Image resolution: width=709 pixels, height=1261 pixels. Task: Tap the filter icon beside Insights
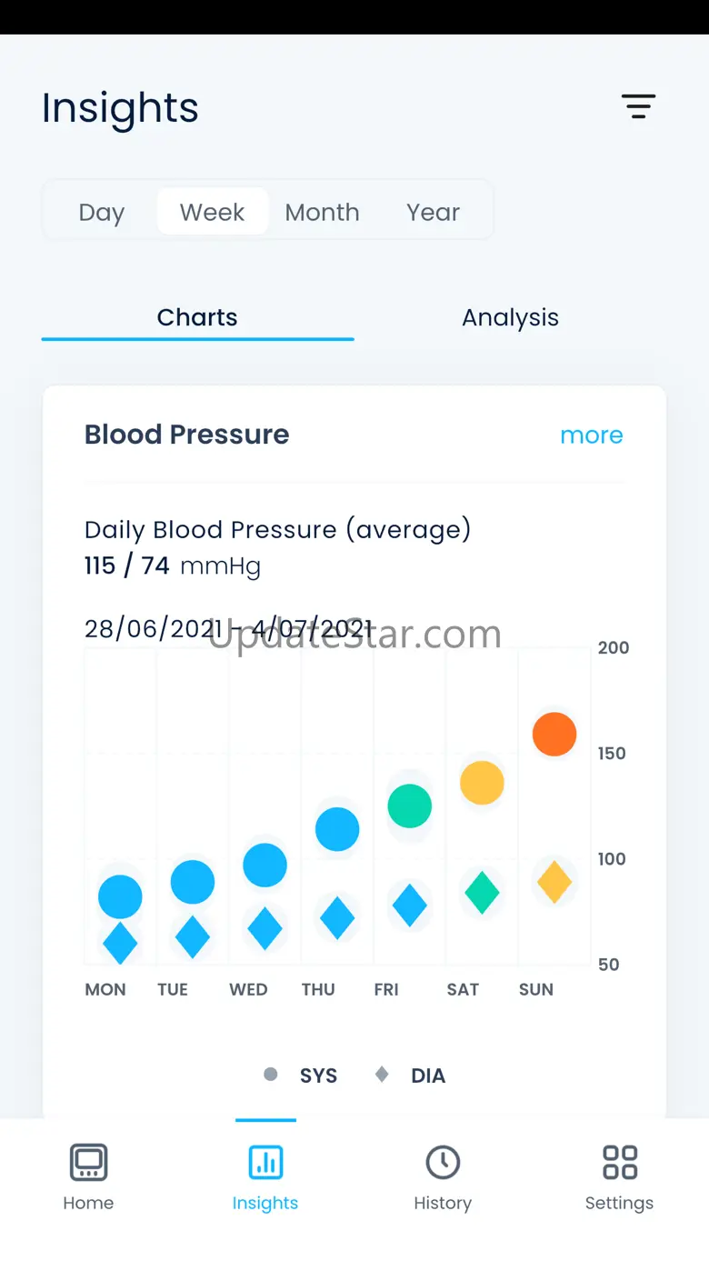pos(638,106)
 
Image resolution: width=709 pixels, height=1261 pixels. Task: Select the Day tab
pos(101,213)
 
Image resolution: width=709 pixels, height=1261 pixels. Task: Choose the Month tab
pos(322,213)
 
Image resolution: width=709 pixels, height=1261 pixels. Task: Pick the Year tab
pos(433,213)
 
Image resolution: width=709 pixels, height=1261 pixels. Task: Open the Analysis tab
pos(510,317)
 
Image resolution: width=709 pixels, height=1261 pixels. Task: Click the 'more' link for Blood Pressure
pos(591,435)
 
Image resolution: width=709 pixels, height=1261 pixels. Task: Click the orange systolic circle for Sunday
pos(554,734)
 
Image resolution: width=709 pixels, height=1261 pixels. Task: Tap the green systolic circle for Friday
pos(409,806)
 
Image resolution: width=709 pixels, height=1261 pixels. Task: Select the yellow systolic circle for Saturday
pos(482,783)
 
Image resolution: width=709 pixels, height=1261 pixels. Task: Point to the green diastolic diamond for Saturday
pos(482,893)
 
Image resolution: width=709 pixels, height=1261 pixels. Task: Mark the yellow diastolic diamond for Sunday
pos(554,881)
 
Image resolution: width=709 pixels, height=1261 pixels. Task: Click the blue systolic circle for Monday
pos(120,897)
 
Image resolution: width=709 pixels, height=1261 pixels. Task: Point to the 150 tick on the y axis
pos(612,754)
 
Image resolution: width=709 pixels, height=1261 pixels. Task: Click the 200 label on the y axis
pos(614,648)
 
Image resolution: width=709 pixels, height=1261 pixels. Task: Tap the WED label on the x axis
pos(248,990)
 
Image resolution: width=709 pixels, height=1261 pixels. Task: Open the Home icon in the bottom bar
pos(88,1162)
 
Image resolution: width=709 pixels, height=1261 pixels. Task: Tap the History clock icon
pos(443,1162)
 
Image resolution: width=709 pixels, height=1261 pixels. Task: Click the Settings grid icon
pos(619,1162)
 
